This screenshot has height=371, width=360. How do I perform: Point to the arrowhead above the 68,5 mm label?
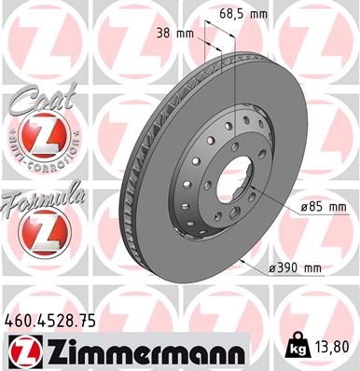click(224, 37)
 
